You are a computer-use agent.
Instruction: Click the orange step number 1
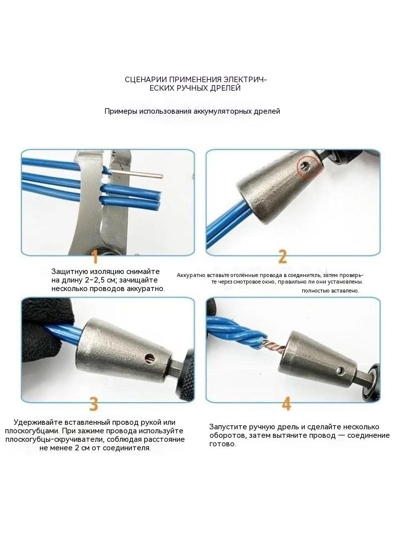point(95,256)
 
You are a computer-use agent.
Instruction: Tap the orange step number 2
point(282,257)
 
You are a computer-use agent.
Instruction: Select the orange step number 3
point(94,404)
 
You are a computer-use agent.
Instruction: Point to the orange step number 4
point(287,404)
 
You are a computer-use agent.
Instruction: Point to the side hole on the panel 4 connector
point(339,370)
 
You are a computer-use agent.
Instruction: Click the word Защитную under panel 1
point(69,272)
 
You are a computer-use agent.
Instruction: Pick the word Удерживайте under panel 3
point(38,422)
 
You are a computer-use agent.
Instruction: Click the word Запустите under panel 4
point(228,427)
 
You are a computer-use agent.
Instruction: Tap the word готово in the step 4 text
point(222,444)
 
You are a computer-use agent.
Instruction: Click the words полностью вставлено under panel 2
point(330,291)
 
